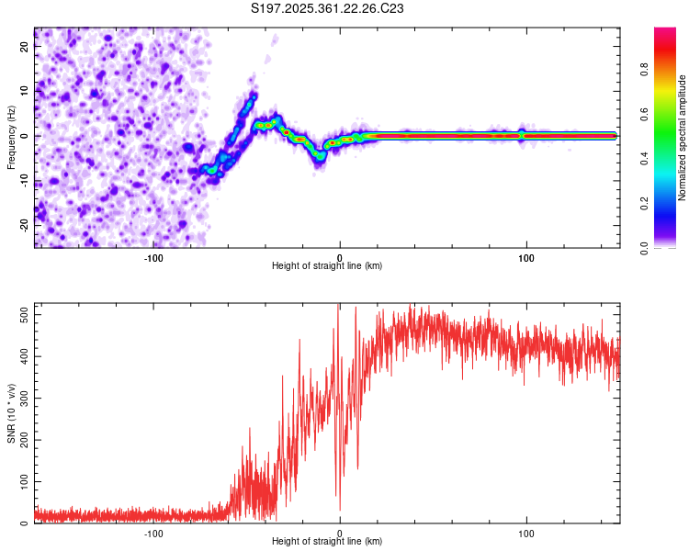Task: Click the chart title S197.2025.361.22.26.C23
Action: pyautogui.click(x=328, y=9)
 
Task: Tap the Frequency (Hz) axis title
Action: pyautogui.click(x=11, y=139)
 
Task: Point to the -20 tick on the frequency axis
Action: pyautogui.click(x=25, y=223)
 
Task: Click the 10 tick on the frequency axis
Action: pyautogui.click(x=25, y=91)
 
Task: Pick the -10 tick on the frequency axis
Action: pyautogui.click(x=25, y=179)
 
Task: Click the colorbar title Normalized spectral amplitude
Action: pyautogui.click(x=682, y=139)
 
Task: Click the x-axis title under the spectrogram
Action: pyautogui.click(x=327, y=266)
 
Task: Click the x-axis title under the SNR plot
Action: pyautogui.click(x=327, y=542)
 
